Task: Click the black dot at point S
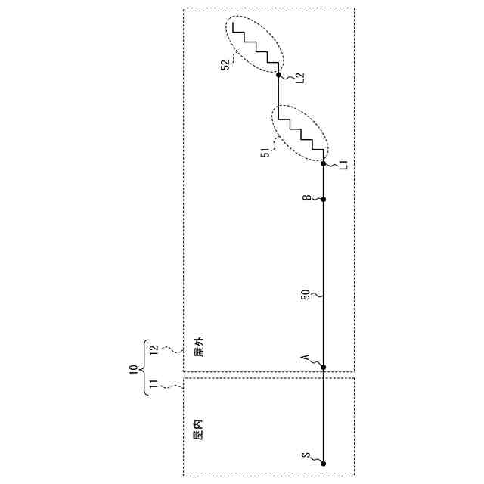[x=324, y=463]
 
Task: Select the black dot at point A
[x=324, y=368]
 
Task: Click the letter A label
[x=306, y=358]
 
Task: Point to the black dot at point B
[x=324, y=200]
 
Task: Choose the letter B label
[x=306, y=198]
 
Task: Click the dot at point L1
[x=324, y=163]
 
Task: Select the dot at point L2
[x=278, y=76]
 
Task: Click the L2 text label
[x=299, y=77]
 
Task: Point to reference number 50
[x=306, y=293]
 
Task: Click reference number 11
[x=154, y=386]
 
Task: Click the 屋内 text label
[x=199, y=432]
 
